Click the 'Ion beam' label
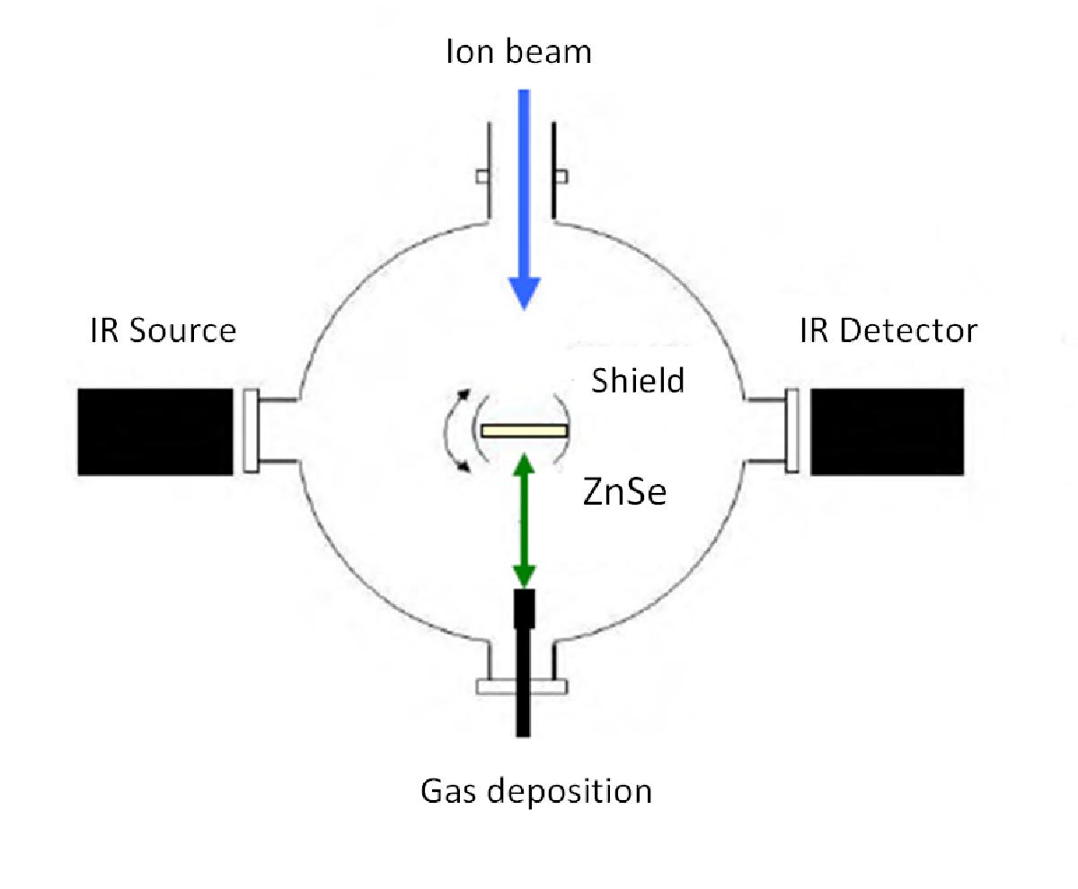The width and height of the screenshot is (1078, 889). click(x=518, y=51)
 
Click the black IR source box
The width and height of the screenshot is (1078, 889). click(x=155, y=432)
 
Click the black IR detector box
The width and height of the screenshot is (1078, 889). click(x=887, y=432)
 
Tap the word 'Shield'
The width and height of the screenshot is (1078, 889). click(x=638, y=381)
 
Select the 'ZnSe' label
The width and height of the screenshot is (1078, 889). click(x=624, y=491)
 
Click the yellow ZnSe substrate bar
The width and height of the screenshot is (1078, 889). click(x=524, y=430)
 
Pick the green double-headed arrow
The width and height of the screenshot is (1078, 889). click(x=524, y=521)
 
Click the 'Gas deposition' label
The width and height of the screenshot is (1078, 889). click(x=536, y=791)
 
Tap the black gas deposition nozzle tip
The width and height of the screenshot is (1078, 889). click(x=524, y=609)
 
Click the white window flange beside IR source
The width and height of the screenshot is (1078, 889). click(x=251, y=430)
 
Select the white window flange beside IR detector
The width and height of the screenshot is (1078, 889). click(x=792, y=430)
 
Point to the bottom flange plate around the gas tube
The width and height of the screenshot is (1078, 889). click(x=521, y=687)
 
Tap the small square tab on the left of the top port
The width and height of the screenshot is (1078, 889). click(x=482, y=177)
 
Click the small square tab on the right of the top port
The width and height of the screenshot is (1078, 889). click(x=561, y=177)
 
